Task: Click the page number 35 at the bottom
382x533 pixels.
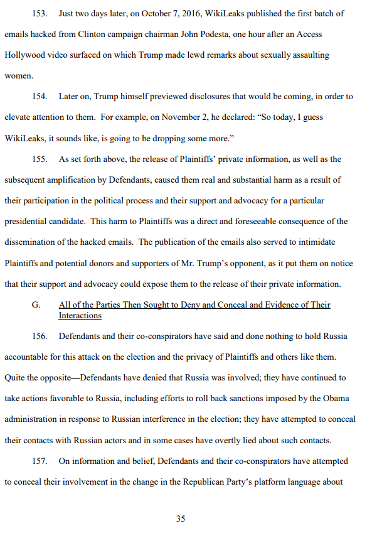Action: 181,519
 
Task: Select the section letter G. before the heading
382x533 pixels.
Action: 36,305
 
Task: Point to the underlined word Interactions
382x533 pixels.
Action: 80,315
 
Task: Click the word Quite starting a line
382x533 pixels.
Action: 15,378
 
